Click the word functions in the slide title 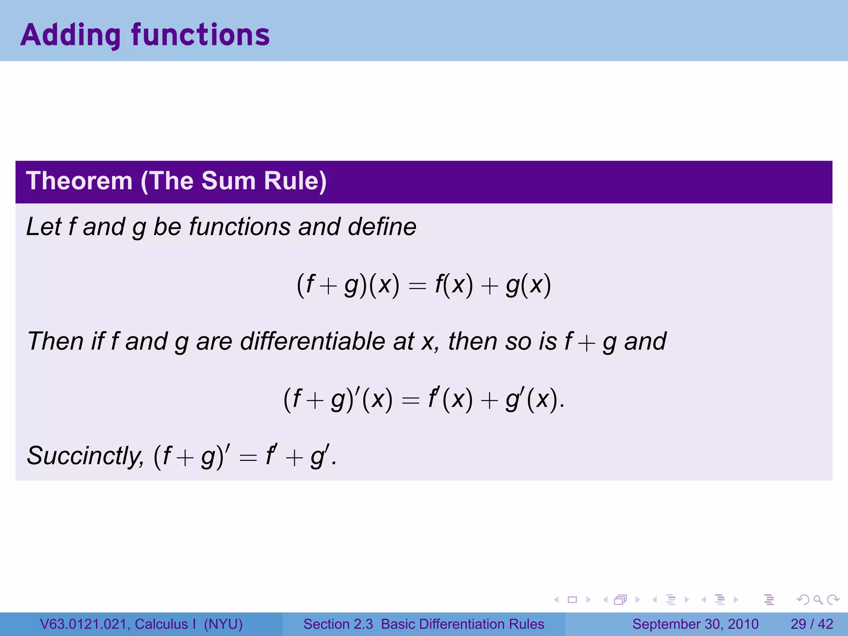[200, 35]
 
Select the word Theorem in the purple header [79, 181]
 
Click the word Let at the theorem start [43, 227]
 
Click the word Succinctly [85, 455]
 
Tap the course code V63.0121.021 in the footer [83, 624]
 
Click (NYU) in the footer [223, 624]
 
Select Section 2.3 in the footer [338, 624]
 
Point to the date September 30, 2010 [695, 624]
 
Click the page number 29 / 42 [812, 624]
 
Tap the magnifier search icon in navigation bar [818, 600]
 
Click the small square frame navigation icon [572, 600]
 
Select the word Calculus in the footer [161, 624]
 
